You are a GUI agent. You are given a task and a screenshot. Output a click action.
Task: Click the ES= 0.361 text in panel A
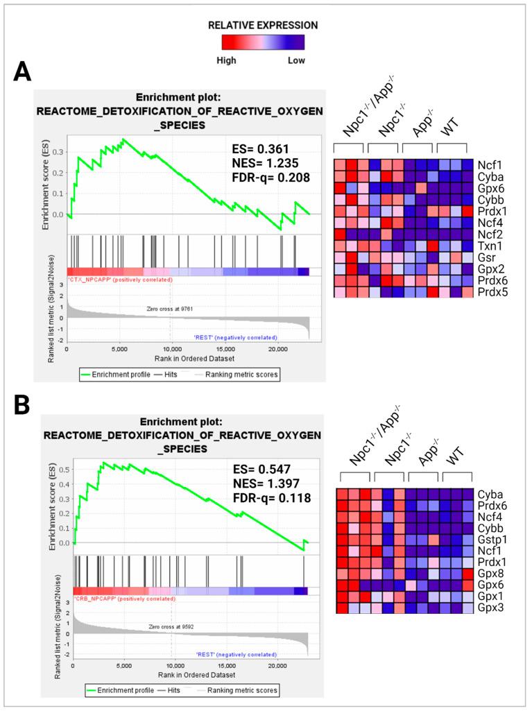(260, 148)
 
